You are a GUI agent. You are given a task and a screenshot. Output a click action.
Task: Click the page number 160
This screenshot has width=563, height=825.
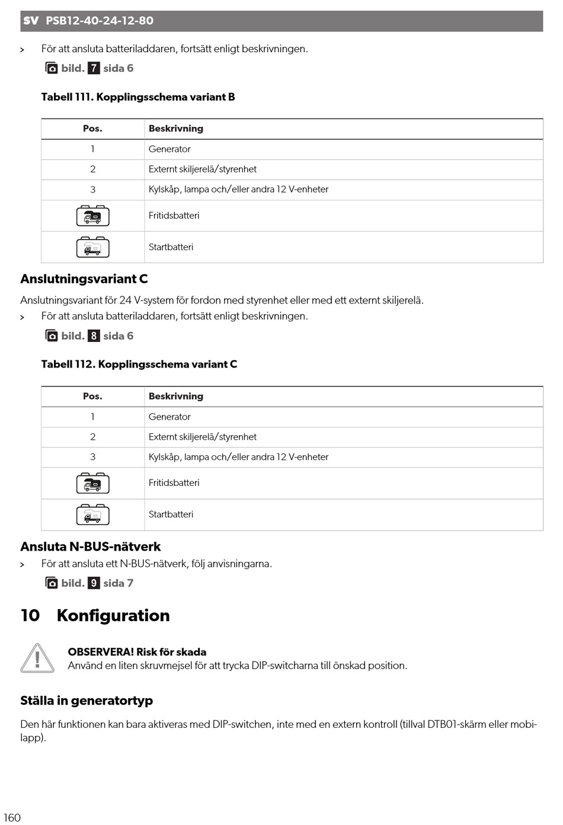coord(12,817)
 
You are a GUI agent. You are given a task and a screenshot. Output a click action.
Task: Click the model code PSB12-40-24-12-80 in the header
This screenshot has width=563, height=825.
coord(100,21)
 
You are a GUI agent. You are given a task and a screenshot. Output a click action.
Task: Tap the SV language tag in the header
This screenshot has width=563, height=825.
coord(31,21)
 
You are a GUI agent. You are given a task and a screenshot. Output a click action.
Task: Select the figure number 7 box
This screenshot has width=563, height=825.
coord(94,68)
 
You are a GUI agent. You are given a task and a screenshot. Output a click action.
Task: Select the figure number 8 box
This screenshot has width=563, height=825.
coord(94,336)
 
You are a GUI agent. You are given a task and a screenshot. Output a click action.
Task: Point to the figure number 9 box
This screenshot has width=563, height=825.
coord(94,583)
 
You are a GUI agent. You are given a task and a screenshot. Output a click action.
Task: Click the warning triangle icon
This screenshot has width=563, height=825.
coord(37,658)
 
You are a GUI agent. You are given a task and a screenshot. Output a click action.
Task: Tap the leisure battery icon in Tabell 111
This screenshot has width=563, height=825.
coord(92,216)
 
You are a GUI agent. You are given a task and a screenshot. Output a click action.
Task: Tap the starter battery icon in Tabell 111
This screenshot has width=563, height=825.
coord(92,247)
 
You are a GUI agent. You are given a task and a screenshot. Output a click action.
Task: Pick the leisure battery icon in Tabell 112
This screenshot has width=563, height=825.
coord(92,484)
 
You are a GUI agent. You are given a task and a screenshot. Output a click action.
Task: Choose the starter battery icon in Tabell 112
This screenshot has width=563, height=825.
coord(92,515)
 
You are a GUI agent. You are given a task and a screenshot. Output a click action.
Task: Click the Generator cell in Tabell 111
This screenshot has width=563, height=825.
coord(169,149)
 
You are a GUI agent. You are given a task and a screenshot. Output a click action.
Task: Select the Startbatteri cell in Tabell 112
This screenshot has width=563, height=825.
coord(171,514)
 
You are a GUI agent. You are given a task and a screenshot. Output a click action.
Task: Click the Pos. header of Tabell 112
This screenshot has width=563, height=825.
coord(92,396)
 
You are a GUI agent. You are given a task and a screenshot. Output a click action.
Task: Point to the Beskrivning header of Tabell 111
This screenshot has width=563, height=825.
coord(176,129)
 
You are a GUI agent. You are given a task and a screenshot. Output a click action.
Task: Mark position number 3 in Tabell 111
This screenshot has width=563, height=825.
coord(92,190)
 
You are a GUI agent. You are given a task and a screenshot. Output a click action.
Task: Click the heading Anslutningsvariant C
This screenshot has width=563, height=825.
coord(84,279)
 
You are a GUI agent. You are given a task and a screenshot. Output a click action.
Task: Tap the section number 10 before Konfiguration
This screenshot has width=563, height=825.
coord(30,616)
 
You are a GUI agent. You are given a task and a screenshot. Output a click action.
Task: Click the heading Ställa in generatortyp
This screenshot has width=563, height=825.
coord(87,701)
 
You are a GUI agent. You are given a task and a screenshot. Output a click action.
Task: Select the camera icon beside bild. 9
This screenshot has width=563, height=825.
coord(52,583)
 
